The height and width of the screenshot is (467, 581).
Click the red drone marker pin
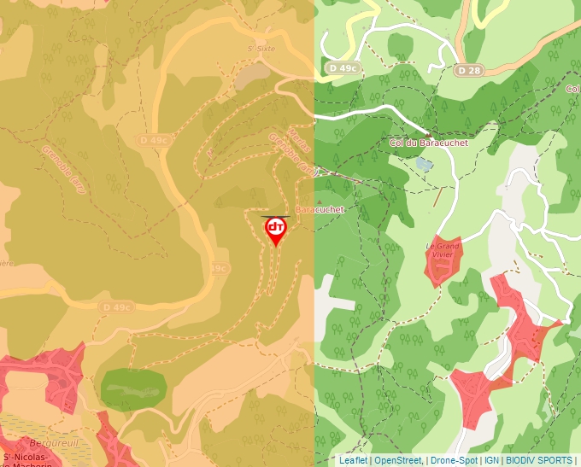(275, 230)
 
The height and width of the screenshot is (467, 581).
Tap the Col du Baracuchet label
(428, 143)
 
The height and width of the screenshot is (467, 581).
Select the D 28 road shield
(467, 70)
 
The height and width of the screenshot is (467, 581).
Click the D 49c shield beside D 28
(343, 67)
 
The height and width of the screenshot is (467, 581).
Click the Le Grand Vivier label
(443, 251)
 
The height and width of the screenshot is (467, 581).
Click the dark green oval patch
(132, 389)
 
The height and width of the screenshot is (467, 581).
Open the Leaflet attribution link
(352, 460)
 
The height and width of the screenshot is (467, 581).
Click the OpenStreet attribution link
(397, 460)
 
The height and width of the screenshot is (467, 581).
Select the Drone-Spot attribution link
(454, 460)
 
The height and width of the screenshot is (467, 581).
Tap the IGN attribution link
(491, 460)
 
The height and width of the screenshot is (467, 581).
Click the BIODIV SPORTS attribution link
(538, 460)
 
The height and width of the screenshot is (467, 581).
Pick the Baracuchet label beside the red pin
(319, 209)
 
